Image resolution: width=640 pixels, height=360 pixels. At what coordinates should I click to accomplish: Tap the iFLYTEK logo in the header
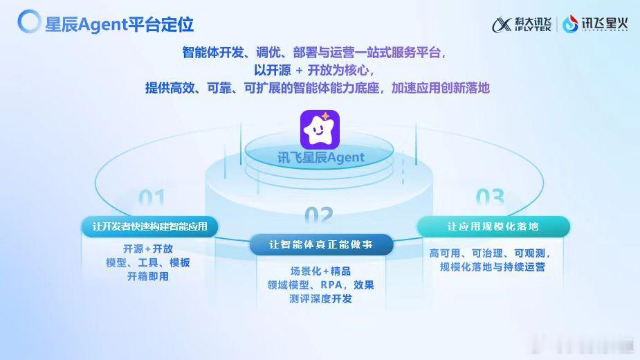pyautogui.click(x=522, y=24)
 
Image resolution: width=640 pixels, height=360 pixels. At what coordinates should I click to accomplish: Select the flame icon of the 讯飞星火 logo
pyautogui.click(x=570, y=24)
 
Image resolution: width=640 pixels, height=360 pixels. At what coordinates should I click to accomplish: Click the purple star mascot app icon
pyautogui.click(x=320, y=129)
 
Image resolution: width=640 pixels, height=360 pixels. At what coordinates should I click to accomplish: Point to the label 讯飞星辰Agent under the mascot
pyautogui.click(x=321, y=157)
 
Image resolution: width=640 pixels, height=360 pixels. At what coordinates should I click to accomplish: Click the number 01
pyautogui.click(x=152, y=198)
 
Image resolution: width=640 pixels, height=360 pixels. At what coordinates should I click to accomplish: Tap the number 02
pyautogui.click(x=319, y=215)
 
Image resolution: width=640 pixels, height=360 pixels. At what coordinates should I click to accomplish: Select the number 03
pyautogui.click(x=490, y=197)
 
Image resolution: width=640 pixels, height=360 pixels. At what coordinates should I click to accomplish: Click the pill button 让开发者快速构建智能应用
pyautogui.click(x=150, y=226)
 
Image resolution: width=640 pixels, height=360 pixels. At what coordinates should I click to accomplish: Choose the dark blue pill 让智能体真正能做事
pyautogui.click(x=321, y=244)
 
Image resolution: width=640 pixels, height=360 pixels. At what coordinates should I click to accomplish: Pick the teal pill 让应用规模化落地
pyautogui.click(x=493, y=226)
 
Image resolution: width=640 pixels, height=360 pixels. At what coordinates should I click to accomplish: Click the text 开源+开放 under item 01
pyautogui.click(x=148, y=249)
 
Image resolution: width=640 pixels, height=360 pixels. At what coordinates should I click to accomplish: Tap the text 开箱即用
pyautogui.click(x=148, y=277)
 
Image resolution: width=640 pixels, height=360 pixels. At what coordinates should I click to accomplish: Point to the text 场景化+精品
pyautogui.click(x=320, y=271)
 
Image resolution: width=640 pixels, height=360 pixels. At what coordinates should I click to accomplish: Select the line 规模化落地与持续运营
pyautogui.click(x=492, y=267)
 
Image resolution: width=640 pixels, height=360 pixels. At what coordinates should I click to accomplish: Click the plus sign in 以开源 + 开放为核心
pyautogui.click(x=299, y=71)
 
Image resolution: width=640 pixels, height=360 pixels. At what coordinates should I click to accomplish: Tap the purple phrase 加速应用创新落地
pyautogui.click(x=441, y=88)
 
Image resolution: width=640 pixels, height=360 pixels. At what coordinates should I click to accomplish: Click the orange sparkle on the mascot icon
pyautogui.click(x=326, y=117)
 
